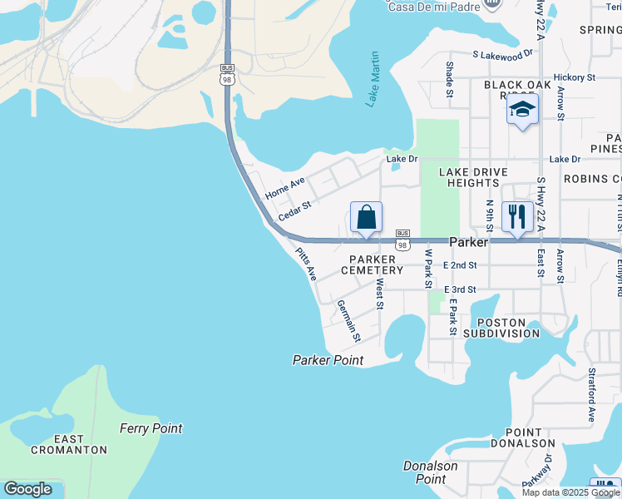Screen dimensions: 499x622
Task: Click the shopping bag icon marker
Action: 366,219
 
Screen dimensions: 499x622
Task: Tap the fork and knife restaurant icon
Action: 517,217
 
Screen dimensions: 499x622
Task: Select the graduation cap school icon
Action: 522,110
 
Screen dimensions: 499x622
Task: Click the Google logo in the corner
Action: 27,489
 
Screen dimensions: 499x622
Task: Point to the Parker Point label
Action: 328,360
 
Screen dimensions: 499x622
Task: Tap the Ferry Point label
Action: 151,428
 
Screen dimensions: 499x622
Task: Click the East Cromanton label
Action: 69,444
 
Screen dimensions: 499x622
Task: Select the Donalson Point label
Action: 431,472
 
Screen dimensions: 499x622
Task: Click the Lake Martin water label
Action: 373,80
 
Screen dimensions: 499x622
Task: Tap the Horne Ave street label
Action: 285,187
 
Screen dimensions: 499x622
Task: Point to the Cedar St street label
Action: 294,210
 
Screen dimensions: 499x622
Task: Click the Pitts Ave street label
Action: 305,264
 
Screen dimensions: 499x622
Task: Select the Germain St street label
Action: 348,321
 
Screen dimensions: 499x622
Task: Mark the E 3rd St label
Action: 460,289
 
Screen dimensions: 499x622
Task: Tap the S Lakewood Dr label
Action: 502,54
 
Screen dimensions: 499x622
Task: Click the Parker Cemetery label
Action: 376,264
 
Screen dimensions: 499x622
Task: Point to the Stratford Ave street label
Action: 592,395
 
